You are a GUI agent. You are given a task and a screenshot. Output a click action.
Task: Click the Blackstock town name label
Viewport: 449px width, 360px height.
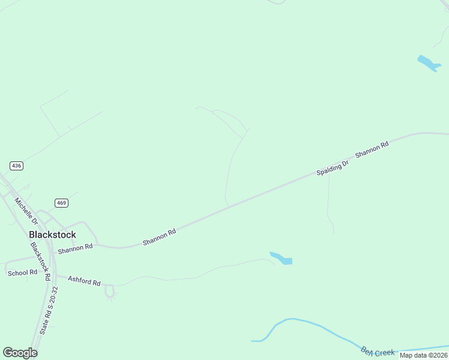[x=52, y=235]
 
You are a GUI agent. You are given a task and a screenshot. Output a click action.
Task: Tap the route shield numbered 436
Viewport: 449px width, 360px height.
[x=16, y=165]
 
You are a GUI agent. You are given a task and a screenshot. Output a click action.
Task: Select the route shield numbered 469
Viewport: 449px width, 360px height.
[x=61, y=203]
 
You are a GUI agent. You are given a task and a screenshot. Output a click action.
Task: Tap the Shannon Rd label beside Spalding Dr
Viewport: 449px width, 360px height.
[x=372, y=149]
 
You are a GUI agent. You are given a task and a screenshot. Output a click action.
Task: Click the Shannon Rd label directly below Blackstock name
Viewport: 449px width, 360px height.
[x=75, y=247]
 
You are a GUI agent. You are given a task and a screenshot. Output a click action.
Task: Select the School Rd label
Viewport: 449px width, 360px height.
[x=22, y=273]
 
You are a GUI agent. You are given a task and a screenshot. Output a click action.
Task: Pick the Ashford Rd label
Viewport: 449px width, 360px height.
[x=84, y=280]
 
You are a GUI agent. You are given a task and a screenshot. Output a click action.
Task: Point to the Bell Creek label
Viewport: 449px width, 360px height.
[x=378, y=350]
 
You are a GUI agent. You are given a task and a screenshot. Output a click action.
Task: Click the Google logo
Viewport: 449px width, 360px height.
[x=20, y=353]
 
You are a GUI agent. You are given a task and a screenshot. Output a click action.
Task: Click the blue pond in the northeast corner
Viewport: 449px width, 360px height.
[x=429, y=63]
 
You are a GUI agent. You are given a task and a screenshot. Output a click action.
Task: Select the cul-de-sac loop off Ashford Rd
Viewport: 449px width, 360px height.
[x=109, y=292]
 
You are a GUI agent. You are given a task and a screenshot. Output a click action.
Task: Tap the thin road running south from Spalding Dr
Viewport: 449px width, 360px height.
[x=328, y=204]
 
